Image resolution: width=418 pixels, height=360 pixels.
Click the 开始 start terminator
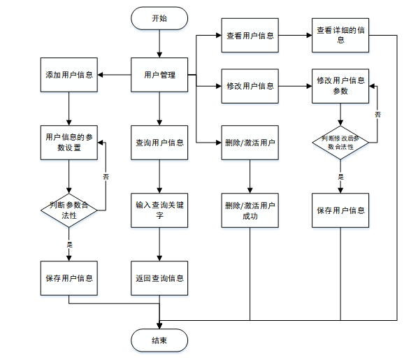159,18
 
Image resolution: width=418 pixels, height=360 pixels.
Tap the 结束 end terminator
159,340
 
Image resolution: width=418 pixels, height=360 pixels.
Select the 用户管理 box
159,75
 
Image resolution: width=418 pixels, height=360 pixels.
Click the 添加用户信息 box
69,75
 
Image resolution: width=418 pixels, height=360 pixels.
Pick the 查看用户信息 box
250,35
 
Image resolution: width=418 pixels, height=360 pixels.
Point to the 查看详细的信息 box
340,35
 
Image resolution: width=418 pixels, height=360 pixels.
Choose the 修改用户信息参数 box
340,86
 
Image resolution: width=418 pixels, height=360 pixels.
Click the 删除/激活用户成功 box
250,210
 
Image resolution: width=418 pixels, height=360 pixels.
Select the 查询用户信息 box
159,143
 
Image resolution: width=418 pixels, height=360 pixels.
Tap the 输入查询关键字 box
159,210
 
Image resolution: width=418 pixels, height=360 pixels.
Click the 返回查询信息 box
159,278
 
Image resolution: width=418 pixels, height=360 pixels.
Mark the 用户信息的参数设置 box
69,143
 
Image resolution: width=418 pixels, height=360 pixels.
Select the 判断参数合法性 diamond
69,210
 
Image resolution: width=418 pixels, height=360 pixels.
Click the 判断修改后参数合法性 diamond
340,143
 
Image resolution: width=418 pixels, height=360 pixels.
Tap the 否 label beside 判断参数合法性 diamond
106,177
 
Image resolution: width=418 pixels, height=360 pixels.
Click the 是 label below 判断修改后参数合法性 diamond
340,177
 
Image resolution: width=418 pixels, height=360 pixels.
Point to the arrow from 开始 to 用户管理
159,43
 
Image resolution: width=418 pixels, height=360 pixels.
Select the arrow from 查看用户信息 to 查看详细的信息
295,35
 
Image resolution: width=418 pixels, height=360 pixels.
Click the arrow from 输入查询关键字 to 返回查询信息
159,244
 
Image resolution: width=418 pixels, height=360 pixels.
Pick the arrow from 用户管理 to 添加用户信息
115,75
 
